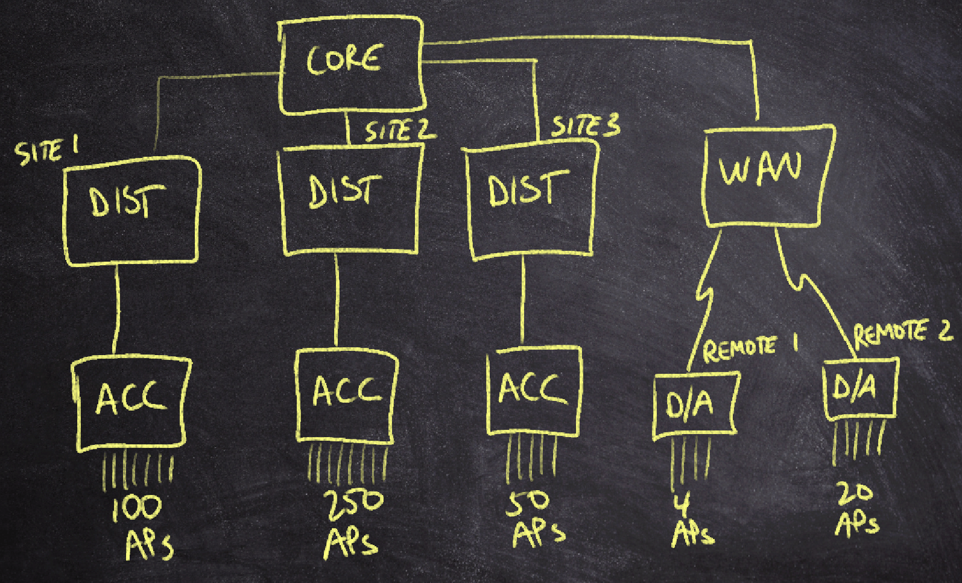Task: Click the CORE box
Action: [x=350, y=65]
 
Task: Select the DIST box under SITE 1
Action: [x=131, y=211]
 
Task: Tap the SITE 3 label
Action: [x=585, y=126]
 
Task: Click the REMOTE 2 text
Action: [x=901, y=332]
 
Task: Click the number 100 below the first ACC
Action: [x=138, y=508]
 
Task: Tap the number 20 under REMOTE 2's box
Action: [x=855, y=493]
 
